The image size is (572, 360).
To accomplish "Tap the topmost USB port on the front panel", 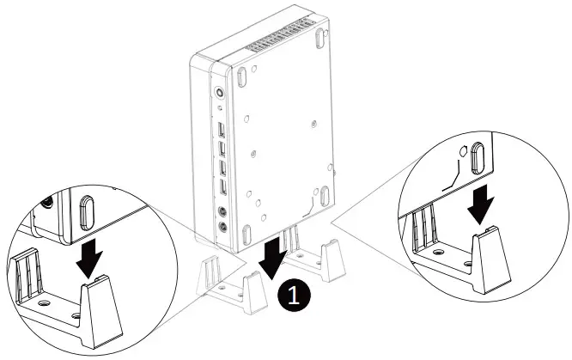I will pos(222,131).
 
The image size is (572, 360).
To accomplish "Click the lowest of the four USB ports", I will pos(223,187).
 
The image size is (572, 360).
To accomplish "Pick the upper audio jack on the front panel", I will pos(223,211).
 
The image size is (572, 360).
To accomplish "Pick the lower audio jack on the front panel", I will pos(224,228).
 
